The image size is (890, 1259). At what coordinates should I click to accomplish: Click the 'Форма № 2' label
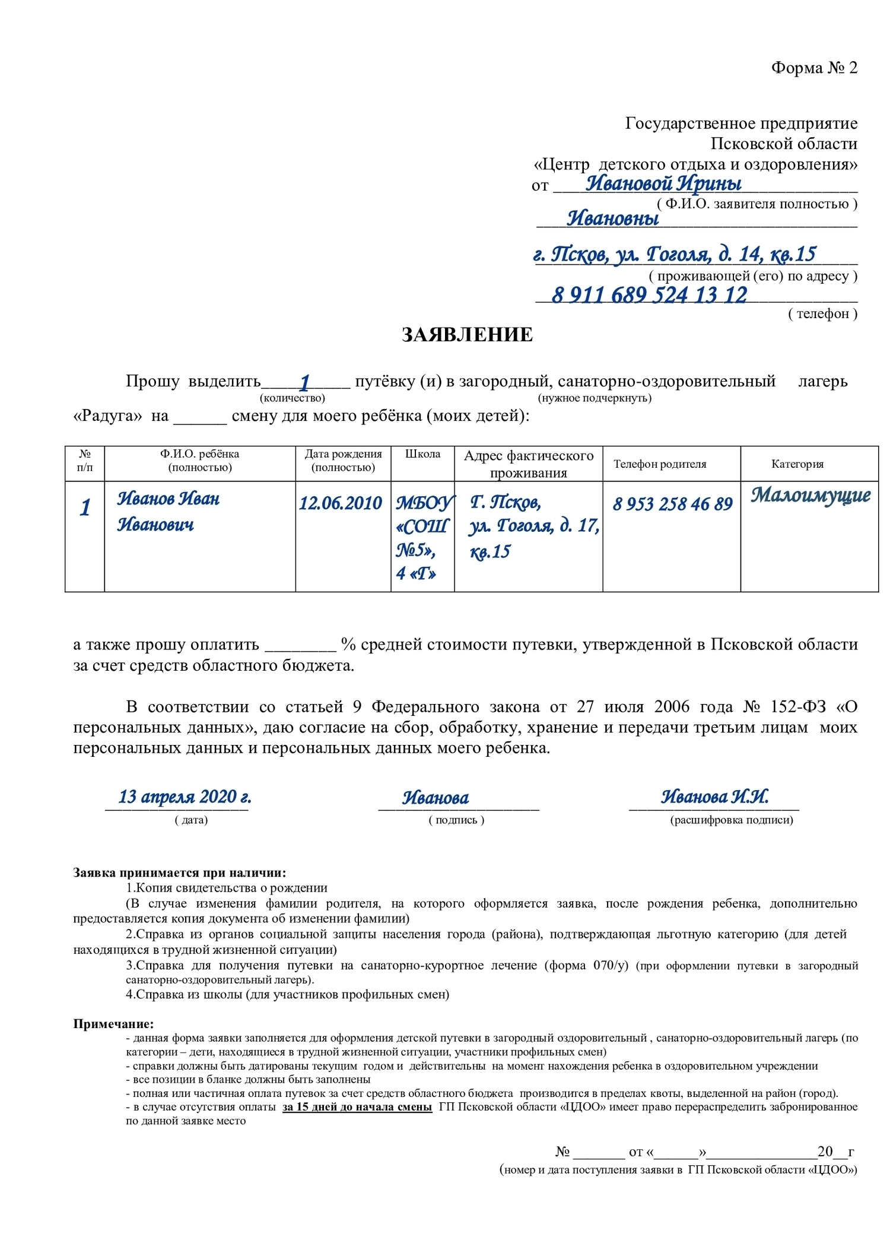813,68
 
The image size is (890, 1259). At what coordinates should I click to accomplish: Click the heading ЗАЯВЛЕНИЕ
467,335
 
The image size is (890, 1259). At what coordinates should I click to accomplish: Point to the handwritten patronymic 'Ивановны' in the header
612,219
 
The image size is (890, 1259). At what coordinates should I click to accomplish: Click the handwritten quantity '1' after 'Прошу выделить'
304,382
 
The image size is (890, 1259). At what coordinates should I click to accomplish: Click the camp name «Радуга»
107,416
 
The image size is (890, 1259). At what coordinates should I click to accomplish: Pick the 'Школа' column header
422,455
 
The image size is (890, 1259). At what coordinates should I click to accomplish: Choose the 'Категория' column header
797,464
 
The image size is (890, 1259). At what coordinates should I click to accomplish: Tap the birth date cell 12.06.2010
341,503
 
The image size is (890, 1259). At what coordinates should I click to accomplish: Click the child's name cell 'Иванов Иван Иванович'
168,511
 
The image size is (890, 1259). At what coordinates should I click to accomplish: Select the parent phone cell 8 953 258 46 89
672,504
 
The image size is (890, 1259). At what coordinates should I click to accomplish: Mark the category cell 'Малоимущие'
810,495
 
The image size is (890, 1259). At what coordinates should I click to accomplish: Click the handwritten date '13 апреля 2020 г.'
184,797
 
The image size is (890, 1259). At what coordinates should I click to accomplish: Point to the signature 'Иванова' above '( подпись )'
436,798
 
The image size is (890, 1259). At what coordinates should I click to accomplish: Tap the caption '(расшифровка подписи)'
731,820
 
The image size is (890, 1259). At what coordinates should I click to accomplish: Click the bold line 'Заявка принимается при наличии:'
179,873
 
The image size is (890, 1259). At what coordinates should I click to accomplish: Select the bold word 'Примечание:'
113,1024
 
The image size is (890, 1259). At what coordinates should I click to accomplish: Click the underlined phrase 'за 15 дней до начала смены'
357,1107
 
